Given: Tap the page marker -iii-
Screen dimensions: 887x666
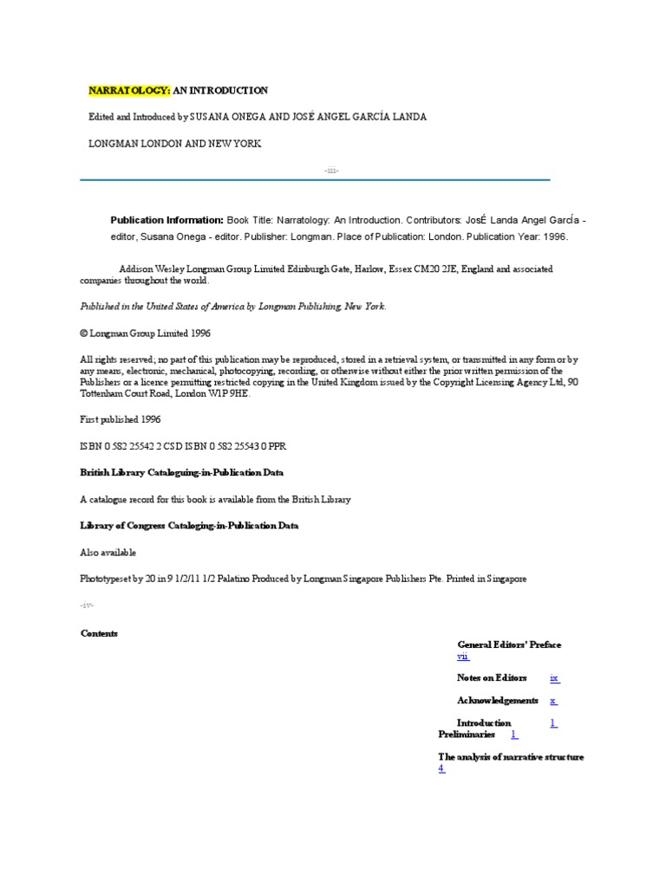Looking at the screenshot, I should [330, 170].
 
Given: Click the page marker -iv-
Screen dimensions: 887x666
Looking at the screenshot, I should [85, 605].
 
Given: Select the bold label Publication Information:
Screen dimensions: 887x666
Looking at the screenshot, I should [166, 220].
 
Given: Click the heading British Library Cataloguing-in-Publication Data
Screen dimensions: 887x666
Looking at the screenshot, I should [181, 473].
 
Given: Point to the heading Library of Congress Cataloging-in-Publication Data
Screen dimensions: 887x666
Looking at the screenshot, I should [189, 526].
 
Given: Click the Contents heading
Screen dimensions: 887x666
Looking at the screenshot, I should [99, 633].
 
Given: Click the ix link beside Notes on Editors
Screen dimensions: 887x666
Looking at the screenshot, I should [555, 677].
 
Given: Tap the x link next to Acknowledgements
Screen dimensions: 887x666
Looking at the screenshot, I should [552, 700].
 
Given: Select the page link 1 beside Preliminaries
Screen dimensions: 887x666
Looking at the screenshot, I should [513, 734].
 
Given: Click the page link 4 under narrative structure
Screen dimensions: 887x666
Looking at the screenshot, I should [441, 768].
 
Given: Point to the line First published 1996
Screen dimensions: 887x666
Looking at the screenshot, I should [120, 418].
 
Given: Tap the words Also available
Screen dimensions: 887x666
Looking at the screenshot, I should [108, 552].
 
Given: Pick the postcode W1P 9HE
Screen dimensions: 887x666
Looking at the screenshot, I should [233, 393].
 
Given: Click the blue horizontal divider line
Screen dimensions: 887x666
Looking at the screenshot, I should [315, 180].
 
